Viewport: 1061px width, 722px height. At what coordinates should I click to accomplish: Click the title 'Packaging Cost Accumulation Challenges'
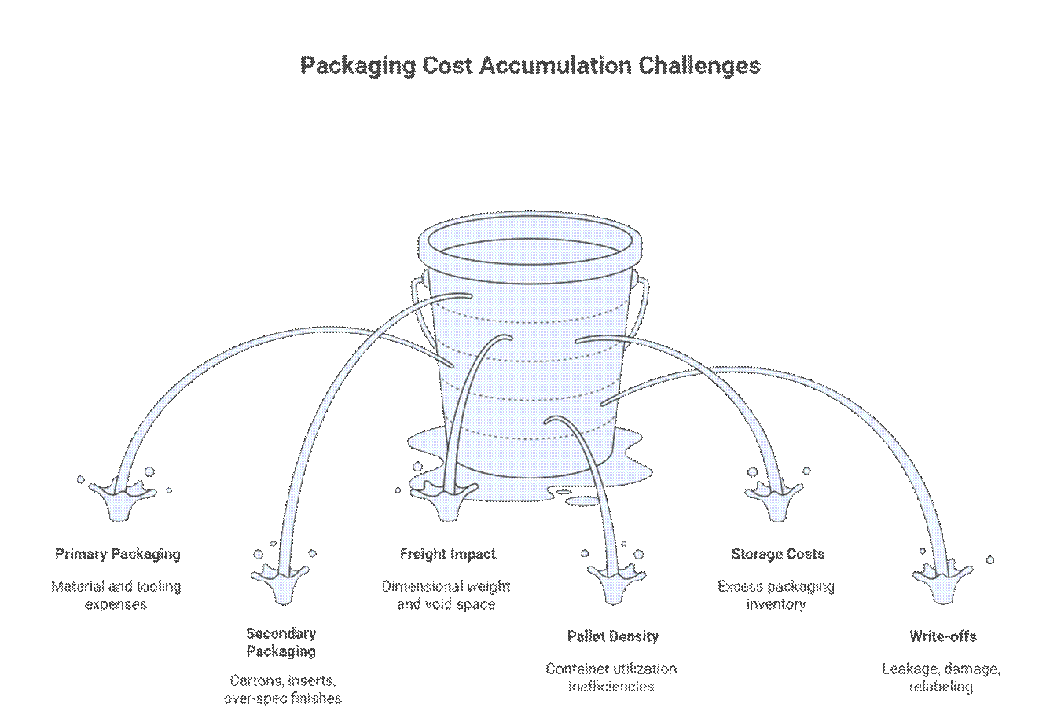pos(530,65)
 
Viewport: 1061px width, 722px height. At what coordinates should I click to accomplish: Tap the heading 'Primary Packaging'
pos(118,555)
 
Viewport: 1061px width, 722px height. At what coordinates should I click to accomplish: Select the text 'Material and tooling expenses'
pos(116,596)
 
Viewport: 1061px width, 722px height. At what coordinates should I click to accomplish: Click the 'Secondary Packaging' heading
pos(281,643)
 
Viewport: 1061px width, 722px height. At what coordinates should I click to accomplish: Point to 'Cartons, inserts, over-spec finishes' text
pos(282,690)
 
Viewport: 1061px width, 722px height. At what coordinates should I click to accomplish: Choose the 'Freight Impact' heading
pos(448,555)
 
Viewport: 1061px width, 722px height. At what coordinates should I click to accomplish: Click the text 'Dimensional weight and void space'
pos(446,596)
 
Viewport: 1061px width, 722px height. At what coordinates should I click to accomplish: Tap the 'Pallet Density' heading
pos(613,636)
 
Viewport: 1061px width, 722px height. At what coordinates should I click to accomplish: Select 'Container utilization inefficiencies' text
pos(611,677)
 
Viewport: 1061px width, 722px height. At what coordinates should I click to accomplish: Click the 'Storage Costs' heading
pos(777,555)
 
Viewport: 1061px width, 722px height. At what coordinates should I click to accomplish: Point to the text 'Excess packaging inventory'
pos(776,596)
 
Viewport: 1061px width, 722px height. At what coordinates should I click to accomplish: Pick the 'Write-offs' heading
pos(942,636)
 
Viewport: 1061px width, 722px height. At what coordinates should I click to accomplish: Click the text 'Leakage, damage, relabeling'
pos(941,677)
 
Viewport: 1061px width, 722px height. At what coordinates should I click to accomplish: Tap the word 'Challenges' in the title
pos(699,65)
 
